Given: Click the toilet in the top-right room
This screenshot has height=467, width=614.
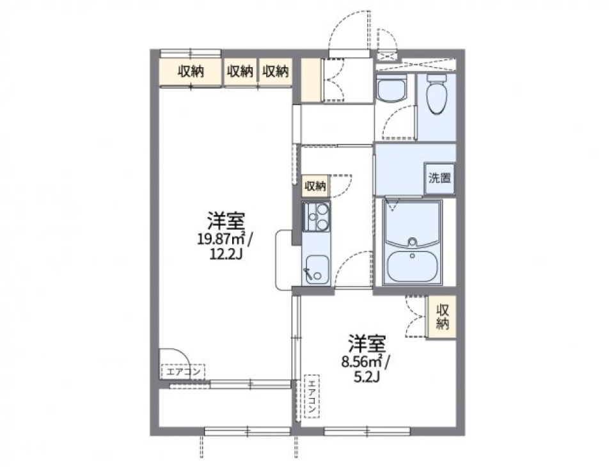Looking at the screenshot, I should tap(437, 95).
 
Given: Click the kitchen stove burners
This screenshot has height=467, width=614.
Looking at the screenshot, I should tap(316, 218).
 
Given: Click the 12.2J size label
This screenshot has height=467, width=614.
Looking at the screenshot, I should tap(224, 254).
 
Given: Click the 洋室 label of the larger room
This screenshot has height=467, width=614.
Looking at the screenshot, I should tap(224, 221).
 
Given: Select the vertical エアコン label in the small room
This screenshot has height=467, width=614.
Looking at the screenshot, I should tap(310, 396).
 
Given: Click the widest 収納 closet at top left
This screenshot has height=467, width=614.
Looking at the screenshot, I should tap(190, 72).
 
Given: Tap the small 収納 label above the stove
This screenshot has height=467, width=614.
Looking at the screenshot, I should tap(315, 186).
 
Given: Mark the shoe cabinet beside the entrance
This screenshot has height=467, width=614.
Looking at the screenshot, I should tap(312, 80).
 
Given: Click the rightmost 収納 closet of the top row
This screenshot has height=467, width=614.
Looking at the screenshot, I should tap(275, 72).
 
